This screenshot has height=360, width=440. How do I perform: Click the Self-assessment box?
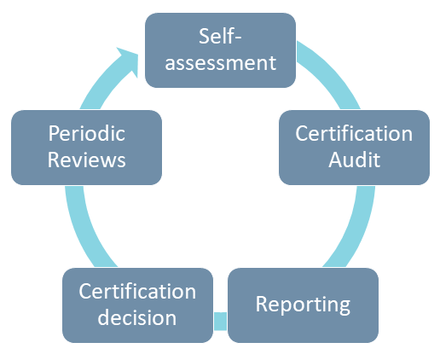(220, 50)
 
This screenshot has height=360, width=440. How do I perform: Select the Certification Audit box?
(354, 148)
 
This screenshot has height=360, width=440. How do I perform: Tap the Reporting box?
(303, 305)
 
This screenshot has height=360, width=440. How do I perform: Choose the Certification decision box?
(137, 305)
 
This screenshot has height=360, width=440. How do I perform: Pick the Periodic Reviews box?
(86, 148)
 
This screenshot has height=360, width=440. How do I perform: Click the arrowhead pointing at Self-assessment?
(130, 61)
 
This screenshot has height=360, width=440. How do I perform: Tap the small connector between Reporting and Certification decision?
(220, 322)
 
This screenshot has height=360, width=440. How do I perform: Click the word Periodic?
(86, 134)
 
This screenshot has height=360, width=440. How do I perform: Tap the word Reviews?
(86, 160)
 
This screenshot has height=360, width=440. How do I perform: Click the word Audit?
(354, 160)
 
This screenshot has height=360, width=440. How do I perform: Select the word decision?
(137, 317)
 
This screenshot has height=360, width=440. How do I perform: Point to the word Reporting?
(303, 305)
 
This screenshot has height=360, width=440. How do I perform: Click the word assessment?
(220, 63)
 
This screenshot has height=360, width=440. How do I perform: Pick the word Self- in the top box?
(220, 36)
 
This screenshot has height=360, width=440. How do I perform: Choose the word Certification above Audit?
(354, 134)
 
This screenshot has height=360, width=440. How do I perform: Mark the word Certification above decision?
(137, 292)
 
